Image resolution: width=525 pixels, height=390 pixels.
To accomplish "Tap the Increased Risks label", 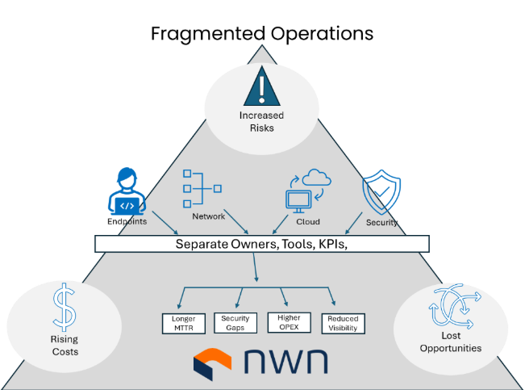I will [261, 121].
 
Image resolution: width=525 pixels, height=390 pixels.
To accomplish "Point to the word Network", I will [208, 216].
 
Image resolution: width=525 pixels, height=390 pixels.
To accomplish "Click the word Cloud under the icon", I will [308, 221].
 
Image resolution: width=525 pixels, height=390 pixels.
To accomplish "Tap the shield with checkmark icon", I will [381, 191].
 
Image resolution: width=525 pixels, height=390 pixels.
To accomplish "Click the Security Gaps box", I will [235, 323].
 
